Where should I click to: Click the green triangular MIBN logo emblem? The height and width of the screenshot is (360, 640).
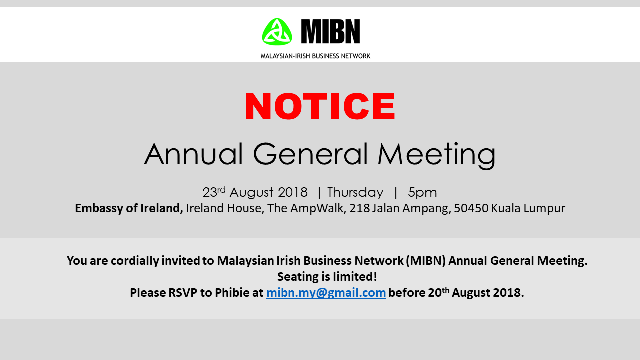277,32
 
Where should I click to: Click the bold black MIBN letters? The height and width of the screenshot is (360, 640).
331,31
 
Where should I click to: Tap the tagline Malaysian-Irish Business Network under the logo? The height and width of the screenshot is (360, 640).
315,56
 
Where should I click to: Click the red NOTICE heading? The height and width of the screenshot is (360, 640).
320,106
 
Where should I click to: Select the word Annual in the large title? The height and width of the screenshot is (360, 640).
193,154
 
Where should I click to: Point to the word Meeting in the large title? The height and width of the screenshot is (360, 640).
437,155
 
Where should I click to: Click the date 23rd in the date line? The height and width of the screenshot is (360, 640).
214,192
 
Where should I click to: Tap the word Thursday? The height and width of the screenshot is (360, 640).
355,193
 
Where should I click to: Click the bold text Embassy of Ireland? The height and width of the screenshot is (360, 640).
129,208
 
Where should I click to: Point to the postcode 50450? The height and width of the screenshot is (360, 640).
471,208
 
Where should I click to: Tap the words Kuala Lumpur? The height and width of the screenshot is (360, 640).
528,208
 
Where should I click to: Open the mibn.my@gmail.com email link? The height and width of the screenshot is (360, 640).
326,293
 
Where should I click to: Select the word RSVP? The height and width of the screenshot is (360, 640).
183,293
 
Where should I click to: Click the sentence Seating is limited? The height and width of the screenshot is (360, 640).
327,276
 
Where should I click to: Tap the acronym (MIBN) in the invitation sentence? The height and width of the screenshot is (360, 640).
426,261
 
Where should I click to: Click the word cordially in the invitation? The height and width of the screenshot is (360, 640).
135,261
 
